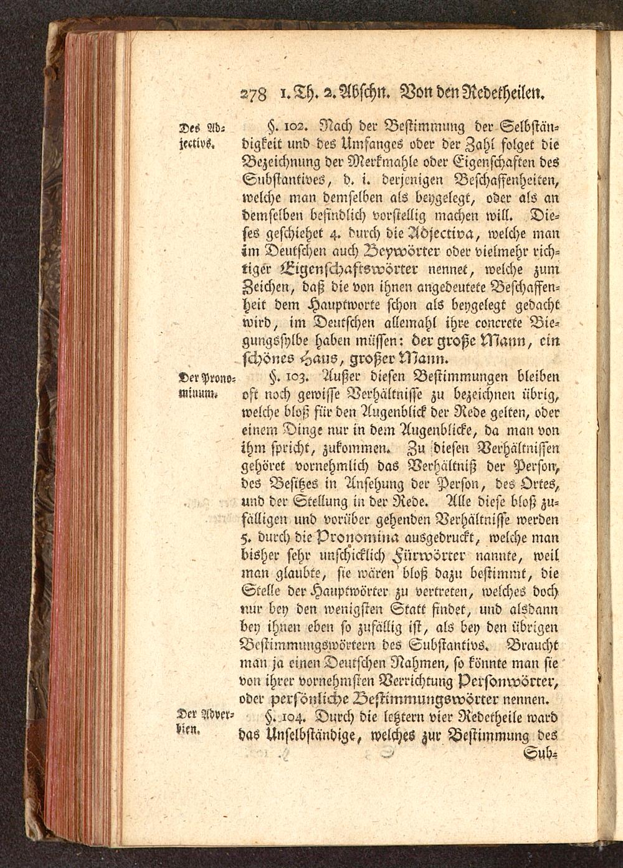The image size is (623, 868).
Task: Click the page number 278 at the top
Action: coord(254,95)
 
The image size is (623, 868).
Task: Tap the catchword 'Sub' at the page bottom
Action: coord(543,755)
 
